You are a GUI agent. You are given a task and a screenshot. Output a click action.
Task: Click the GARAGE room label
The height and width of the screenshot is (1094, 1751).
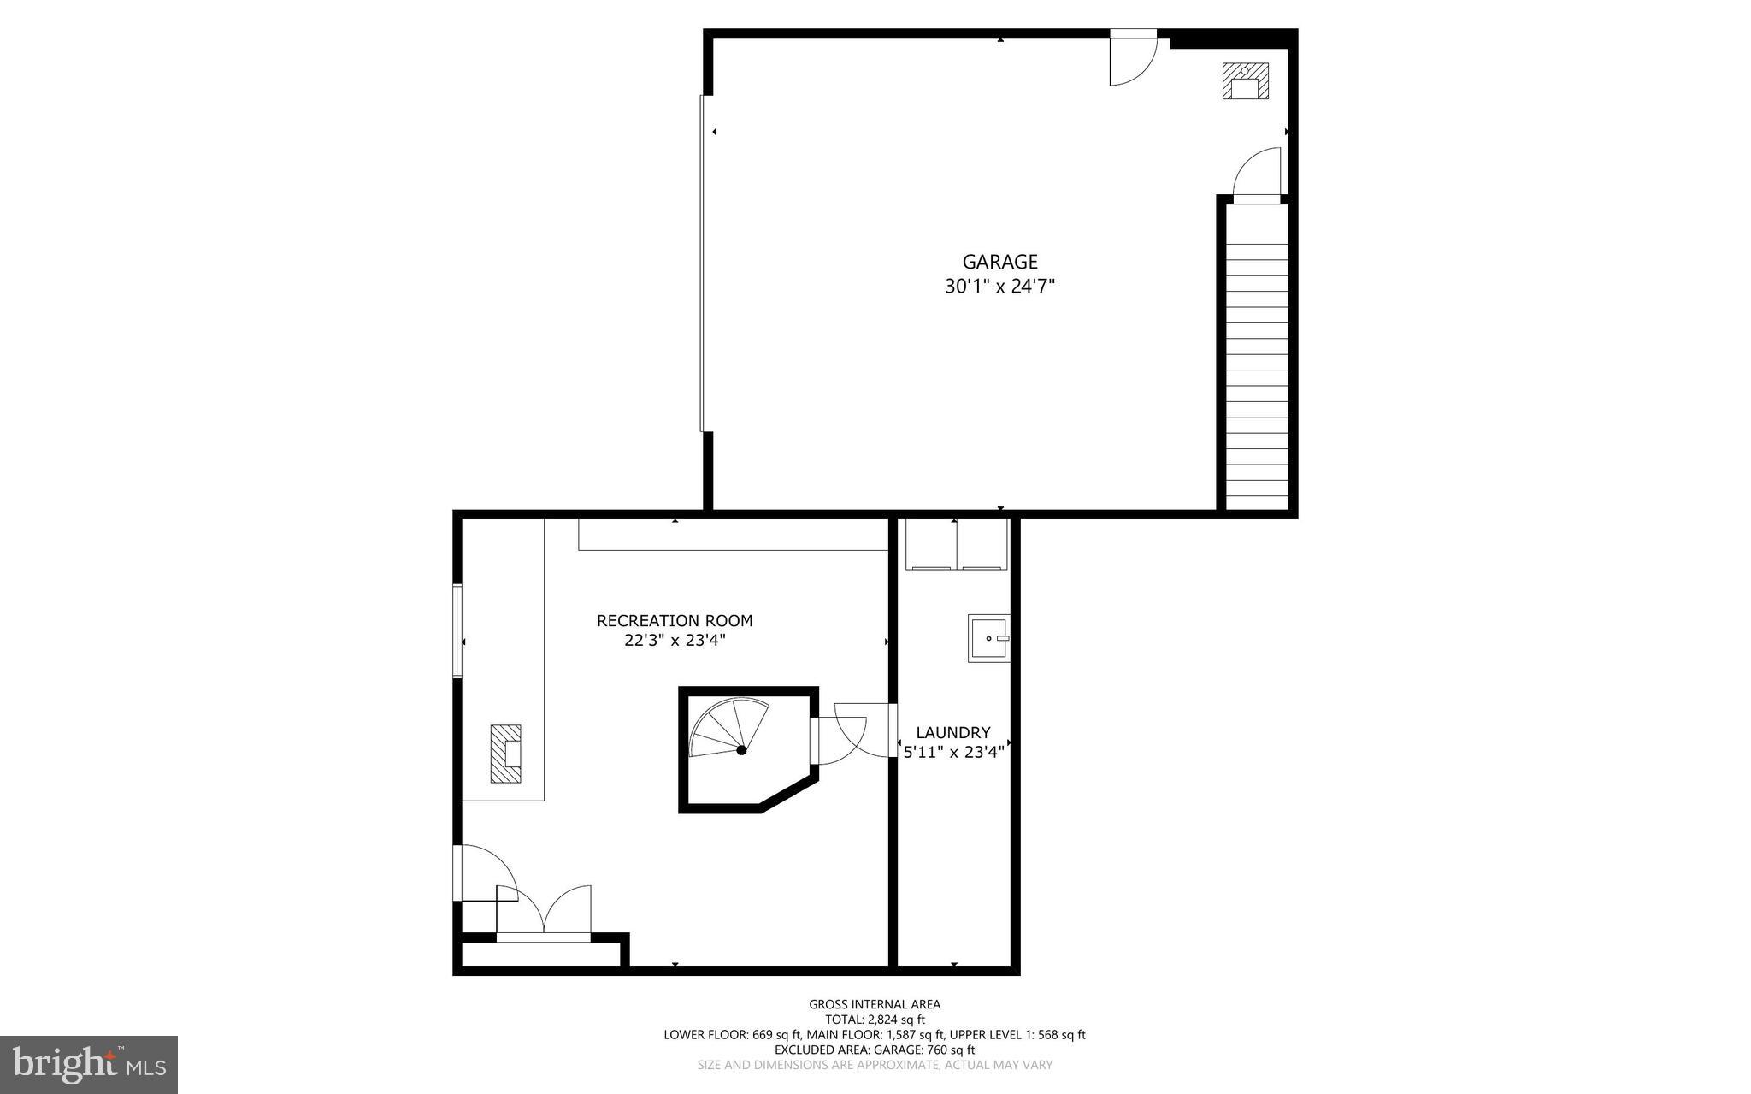point(999,262)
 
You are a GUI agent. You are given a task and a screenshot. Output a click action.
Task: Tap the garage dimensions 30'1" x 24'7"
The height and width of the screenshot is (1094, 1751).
point(999,287)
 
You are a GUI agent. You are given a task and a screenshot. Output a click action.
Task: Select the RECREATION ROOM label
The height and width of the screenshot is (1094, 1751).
point(675,621)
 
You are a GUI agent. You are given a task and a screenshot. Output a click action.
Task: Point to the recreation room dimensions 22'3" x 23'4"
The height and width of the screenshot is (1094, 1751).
point(675,641)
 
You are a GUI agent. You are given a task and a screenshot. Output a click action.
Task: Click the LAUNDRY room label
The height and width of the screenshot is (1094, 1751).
point(952,732)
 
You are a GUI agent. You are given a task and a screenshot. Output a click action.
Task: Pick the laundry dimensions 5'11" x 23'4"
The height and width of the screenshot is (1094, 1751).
point(952,752)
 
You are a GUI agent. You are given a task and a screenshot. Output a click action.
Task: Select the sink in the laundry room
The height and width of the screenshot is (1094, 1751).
point(988,638)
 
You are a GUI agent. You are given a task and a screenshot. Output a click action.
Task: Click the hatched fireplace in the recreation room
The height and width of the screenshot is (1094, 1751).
point(505,754)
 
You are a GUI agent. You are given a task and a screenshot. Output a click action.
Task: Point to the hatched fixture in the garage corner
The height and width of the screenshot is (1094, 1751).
point(1244,81)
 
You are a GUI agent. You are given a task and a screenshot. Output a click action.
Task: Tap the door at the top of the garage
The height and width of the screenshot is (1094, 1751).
point(1133,58)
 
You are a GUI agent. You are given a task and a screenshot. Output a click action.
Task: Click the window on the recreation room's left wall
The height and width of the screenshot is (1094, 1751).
point(457,631)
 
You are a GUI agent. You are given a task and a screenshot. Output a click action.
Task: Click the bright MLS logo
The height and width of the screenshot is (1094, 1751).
point(89,1064)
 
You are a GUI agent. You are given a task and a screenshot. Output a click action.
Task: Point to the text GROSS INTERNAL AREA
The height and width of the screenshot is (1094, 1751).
point(875,1004)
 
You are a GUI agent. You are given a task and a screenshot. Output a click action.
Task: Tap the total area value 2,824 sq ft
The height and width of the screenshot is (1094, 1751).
point(896,1020)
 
